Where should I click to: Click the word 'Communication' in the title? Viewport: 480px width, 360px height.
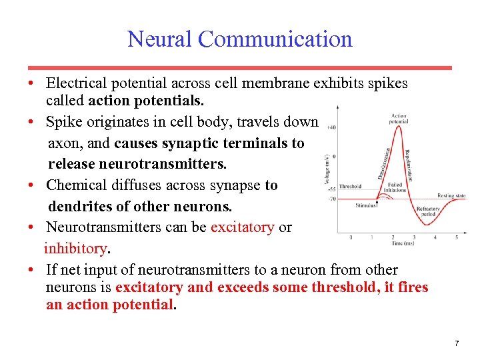275,39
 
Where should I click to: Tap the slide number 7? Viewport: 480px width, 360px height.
456,343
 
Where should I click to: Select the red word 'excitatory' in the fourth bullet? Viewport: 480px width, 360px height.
242,227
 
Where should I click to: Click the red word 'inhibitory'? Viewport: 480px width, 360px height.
74,249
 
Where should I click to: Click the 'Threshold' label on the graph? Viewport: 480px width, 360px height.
349,187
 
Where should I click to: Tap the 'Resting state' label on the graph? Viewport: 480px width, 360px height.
451,195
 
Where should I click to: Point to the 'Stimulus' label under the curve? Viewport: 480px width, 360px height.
367,205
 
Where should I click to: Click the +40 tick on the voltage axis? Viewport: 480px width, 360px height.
331,127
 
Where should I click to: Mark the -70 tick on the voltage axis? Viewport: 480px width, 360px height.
332,199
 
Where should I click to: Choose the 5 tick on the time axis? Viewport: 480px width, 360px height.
457,237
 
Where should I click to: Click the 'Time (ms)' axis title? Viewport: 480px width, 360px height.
403,244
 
